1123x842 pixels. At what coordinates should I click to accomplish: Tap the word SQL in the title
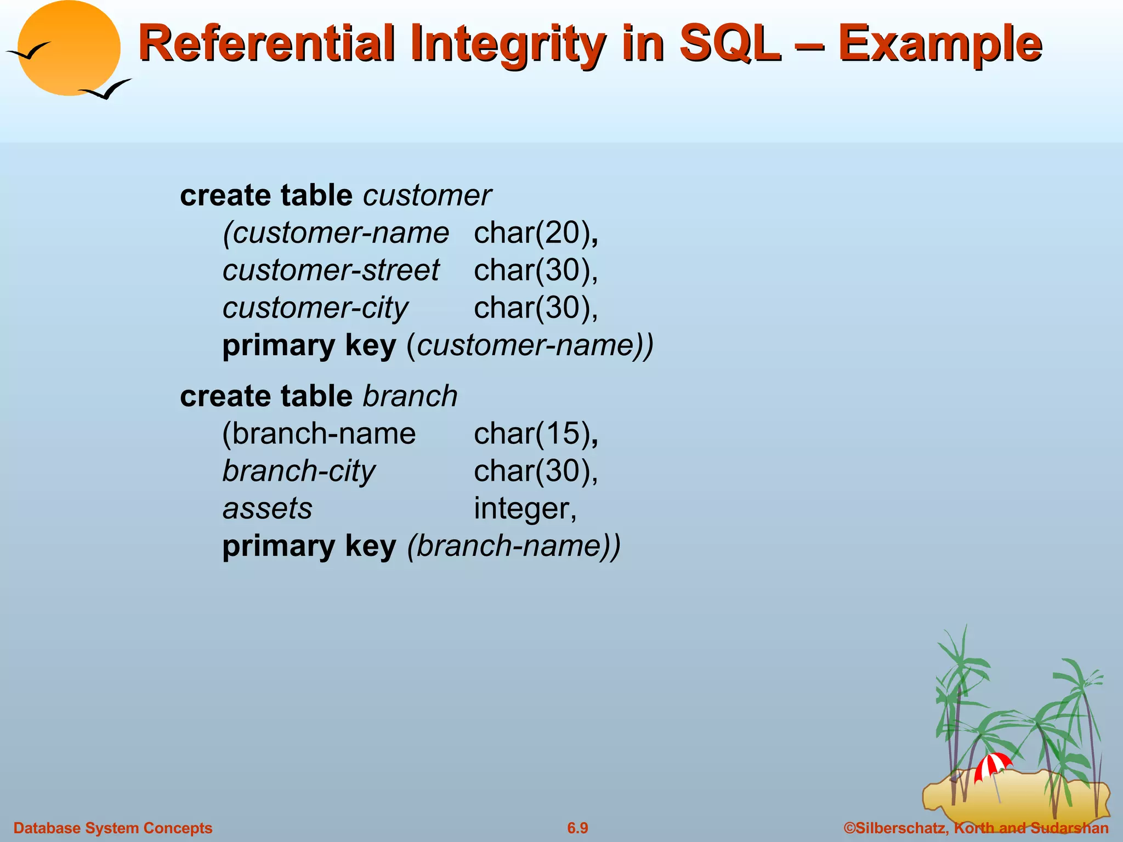coord(729,44)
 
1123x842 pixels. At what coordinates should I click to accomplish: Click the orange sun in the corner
coord(69,48)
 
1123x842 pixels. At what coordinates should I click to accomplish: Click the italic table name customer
coord(427,196)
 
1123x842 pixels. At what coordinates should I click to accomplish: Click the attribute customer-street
coord(331,270)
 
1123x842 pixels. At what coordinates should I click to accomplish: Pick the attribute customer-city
coord(315,308)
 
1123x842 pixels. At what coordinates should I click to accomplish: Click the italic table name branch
coord(410,396)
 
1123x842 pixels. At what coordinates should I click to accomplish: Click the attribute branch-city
coord(299,471)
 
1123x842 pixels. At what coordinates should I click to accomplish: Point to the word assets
coord(268,508)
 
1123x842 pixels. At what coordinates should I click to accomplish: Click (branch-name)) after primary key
coord(514,547)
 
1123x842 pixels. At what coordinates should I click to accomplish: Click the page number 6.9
coord(577,828)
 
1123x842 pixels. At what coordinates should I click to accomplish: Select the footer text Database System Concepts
coord(113,828)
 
